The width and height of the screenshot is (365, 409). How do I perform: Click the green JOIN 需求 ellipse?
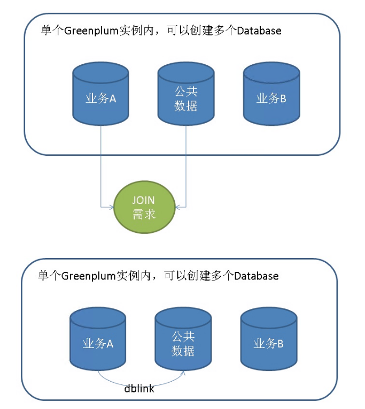pyautogui.click(x=144, y=207)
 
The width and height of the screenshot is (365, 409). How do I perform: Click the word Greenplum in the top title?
pyautogui.click(x=89, y=31)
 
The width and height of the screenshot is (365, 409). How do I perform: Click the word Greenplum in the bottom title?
pyautogui.click(x=86, y=276)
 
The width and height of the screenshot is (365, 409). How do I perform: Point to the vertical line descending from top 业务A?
pyautogui.click(x=100, y=161)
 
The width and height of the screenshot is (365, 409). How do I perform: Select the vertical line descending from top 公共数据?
pyautogui.click(x=185, y=161)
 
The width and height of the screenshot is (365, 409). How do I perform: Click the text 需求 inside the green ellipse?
pyautogui.click(x=144, y=214)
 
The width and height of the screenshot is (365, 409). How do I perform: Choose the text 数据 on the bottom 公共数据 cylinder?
pyautogui.click(x=183, y=351)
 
